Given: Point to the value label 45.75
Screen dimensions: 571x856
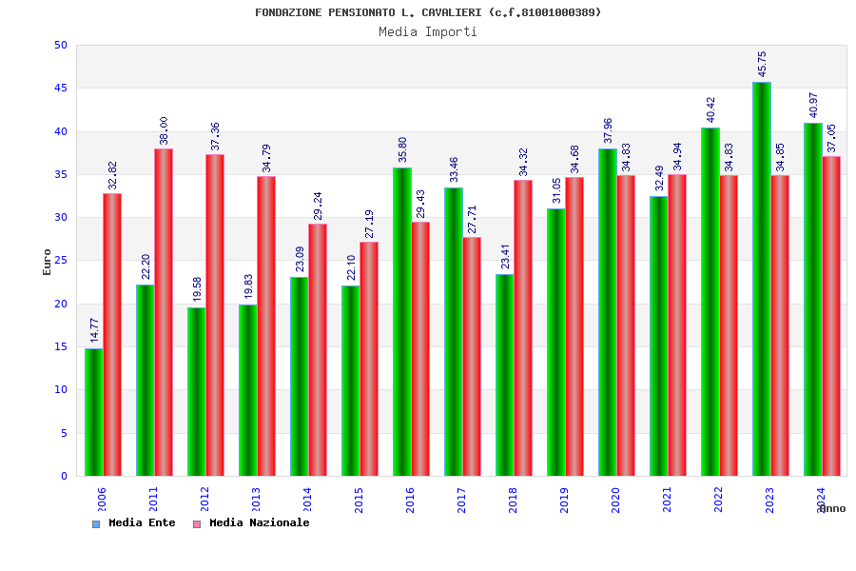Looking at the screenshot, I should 762,64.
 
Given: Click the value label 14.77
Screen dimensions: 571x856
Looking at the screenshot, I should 94,330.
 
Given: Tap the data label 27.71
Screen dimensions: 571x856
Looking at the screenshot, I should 472,219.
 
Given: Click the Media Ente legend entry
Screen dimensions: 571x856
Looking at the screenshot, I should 134,523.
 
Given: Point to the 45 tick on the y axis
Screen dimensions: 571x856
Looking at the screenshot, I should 61,89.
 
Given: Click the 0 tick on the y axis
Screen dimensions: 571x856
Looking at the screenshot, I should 65,476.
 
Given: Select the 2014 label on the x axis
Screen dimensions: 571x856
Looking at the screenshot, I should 307,500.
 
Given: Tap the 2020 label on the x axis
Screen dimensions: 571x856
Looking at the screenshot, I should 615,500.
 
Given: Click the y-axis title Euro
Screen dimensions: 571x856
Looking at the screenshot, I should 48,262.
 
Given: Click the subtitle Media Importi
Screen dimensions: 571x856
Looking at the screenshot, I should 428,32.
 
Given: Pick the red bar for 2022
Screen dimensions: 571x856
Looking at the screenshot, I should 729,325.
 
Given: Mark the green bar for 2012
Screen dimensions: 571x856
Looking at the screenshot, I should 196,391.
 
